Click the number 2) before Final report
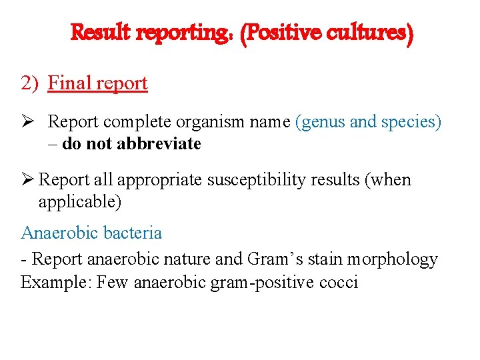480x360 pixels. pos(31,83)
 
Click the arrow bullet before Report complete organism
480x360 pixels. pos(29,123)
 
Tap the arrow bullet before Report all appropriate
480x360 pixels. pos(27,180)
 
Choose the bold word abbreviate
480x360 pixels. pos(159,144)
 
